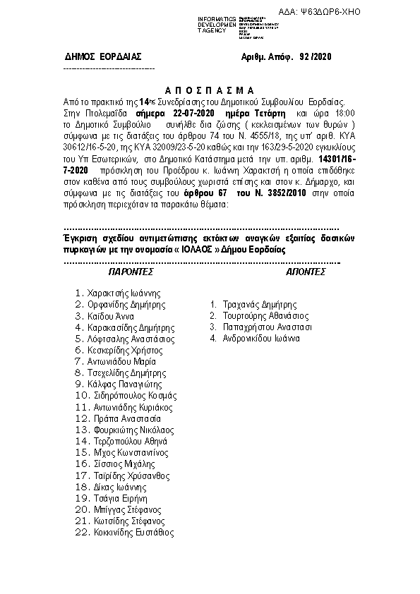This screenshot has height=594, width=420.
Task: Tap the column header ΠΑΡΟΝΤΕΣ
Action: point(131,271)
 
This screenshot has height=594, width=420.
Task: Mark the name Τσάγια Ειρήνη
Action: point(120,498)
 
